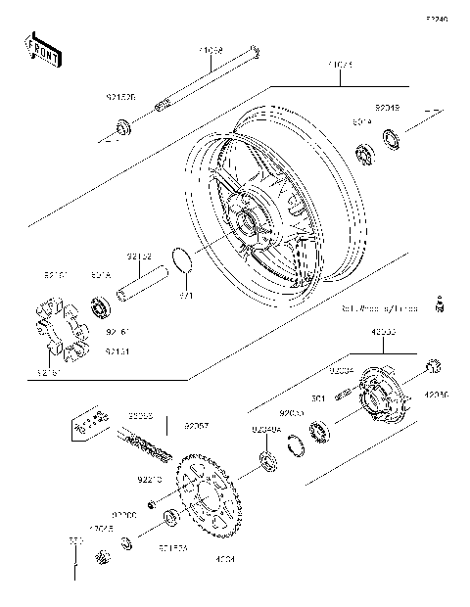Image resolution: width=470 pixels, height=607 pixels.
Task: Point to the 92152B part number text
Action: point(121,98)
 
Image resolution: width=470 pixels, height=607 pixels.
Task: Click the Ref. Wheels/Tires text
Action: point(379,307)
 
